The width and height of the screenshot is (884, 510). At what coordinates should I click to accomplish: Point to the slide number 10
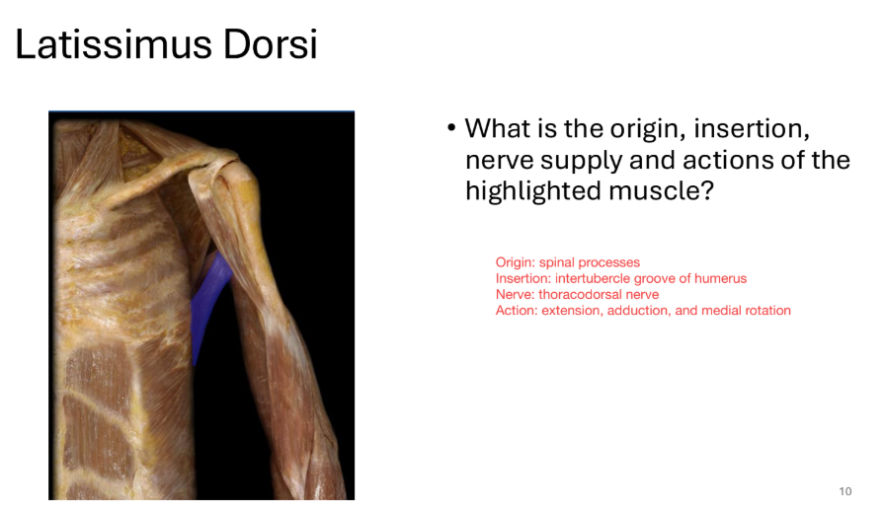coord(844,491)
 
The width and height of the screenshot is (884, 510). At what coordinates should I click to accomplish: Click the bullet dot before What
coord(450,129)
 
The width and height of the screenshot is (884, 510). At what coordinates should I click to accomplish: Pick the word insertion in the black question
coord(761,128)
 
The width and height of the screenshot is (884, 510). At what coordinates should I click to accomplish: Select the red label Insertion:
coord(522,278)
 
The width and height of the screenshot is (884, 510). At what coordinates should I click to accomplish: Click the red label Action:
coord(517,310)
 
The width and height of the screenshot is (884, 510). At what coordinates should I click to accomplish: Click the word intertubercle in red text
coord(593,278)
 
